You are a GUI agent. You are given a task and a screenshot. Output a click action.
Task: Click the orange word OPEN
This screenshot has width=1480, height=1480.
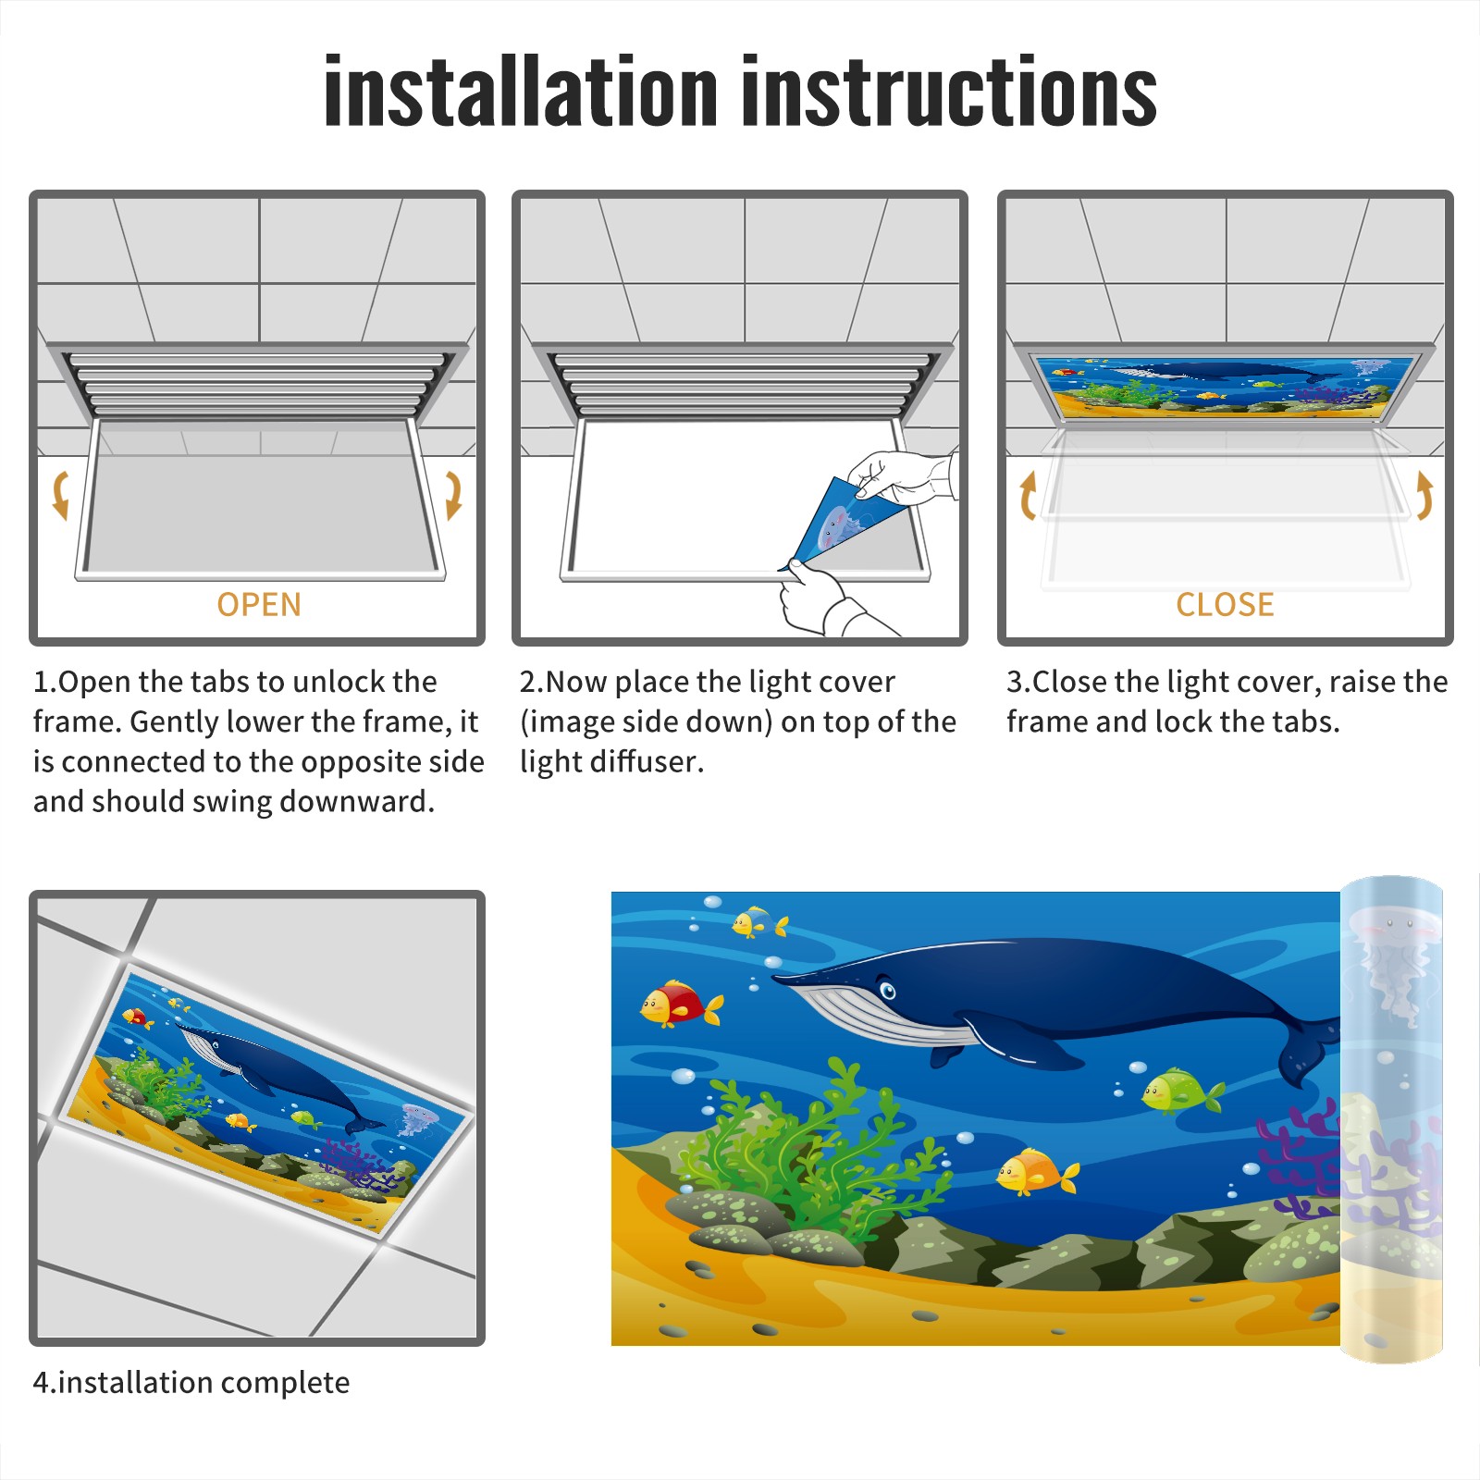(259, 605)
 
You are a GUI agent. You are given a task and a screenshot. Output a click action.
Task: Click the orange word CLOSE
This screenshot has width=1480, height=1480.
(1225, 605)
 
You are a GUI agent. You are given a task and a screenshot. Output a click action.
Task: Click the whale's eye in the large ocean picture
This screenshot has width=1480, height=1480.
(888, 992)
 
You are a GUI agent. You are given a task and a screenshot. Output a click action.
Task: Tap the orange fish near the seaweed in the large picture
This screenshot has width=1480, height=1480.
(1037, 1172)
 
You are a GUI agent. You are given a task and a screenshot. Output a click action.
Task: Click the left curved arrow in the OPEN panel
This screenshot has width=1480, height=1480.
(61, 495)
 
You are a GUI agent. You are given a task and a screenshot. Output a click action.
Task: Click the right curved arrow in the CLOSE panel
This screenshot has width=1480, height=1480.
(1424, 495)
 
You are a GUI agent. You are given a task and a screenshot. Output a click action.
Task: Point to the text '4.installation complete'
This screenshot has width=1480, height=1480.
(191, 1382)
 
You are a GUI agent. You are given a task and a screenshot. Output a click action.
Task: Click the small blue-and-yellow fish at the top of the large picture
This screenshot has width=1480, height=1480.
(759, 922)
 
